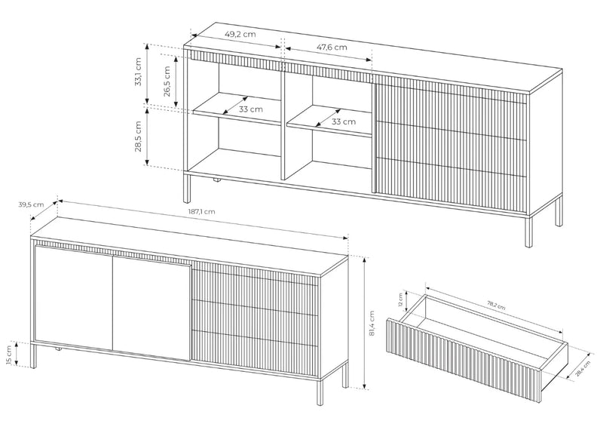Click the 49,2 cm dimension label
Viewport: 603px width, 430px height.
[240, 34]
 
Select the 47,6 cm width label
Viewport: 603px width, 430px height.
[332, 48]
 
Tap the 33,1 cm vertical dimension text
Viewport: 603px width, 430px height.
[139, 72]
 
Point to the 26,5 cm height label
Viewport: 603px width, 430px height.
[167, 81]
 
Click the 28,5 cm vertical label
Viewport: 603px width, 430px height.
[139, 137]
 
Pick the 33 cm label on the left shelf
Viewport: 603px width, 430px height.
[251, 109]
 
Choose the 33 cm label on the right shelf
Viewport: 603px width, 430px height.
[344, 121]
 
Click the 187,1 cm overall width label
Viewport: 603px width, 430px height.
[201, 211]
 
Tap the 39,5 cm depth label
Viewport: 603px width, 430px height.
[31, 204]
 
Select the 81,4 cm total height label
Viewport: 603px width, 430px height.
[372, 324]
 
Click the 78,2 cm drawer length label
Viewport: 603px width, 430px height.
[497, 306]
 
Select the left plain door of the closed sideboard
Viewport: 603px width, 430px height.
[73, 298]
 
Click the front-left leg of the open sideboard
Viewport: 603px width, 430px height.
[187, 189]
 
